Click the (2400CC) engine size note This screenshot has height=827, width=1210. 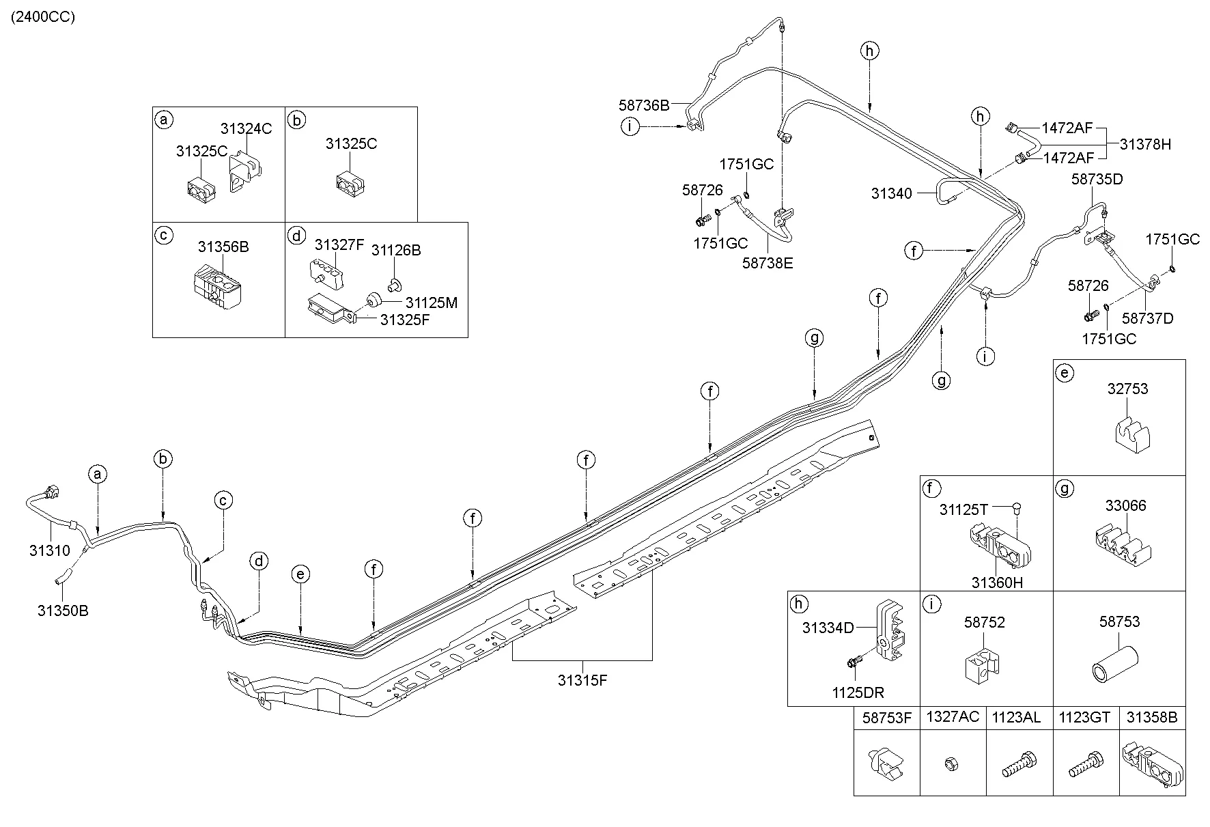pos(42,17)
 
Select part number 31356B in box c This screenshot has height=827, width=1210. pos(223,247)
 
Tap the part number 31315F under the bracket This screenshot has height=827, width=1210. pos(582,680)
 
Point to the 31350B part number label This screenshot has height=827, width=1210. pos(63,611)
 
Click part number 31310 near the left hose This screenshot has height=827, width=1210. pos(49,550)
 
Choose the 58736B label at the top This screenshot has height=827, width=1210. pos(644,105)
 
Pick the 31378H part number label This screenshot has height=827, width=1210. pos(1145,144)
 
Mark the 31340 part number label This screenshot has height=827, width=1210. pos(891,193)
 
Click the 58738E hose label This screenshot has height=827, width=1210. pos(768,262)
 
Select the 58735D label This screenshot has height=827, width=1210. pos(1097,180)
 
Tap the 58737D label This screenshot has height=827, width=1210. pos(1147,318)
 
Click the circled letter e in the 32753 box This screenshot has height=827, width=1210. pos(1064,373)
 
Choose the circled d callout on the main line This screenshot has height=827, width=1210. pos(259,561)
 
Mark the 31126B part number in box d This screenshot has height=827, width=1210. pos(396,250)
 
